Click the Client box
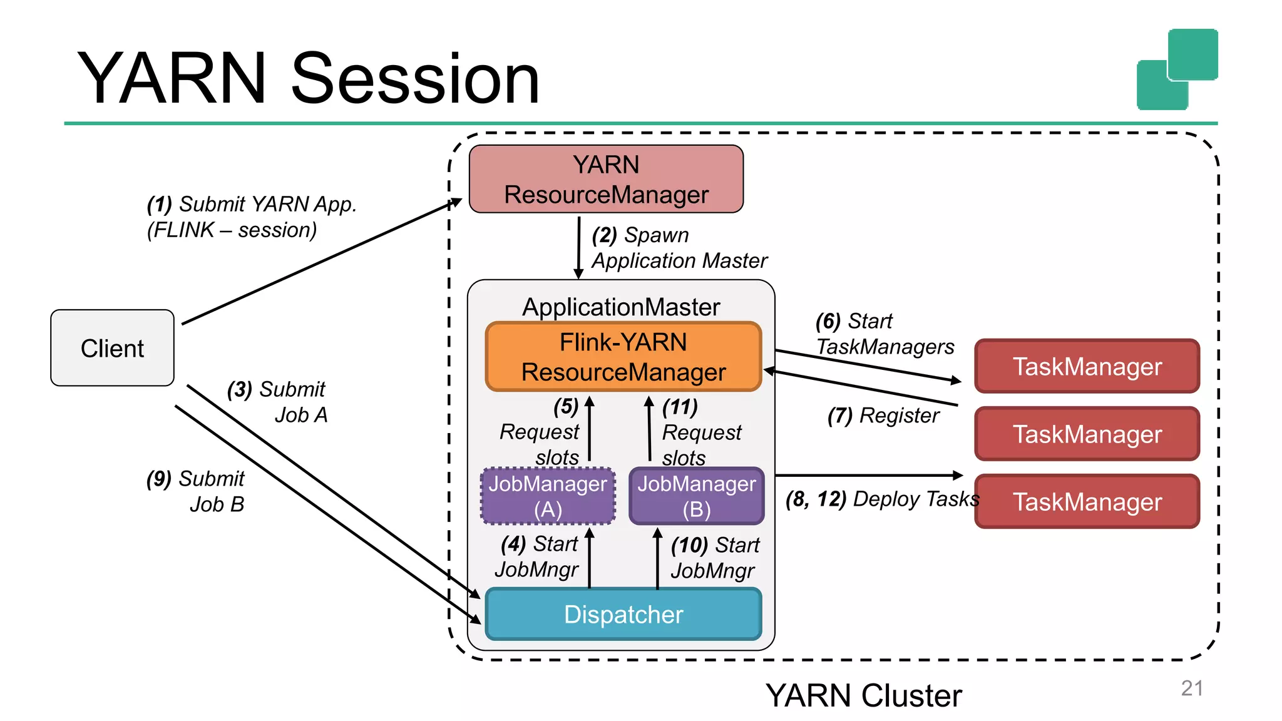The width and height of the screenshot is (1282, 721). point(112,348)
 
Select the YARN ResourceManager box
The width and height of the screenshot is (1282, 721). point(606,180)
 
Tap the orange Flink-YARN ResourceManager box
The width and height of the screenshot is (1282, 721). point(623,357)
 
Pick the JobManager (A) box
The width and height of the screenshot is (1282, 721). point(548,496)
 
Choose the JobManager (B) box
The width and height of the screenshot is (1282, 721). point(697,496)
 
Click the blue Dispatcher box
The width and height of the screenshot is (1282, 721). point(623,614)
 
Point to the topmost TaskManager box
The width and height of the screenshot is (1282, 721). point(1087,367)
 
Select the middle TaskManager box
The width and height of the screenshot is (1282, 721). point(1087,434)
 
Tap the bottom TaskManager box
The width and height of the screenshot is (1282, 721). point(1087,502)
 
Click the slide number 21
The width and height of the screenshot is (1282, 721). point(1192,688)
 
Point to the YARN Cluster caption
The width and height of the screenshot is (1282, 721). point(864,696)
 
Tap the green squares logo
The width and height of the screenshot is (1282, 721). point(1177,69)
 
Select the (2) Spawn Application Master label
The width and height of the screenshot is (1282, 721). point(679,248)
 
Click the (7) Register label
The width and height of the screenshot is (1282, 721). point(883,416)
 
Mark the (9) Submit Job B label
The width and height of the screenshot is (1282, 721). point(196,491)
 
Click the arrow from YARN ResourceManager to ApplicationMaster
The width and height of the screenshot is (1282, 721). point(578,247)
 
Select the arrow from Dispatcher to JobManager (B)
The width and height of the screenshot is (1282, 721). point(657,559)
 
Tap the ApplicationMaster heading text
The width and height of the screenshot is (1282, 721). point(621,307)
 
